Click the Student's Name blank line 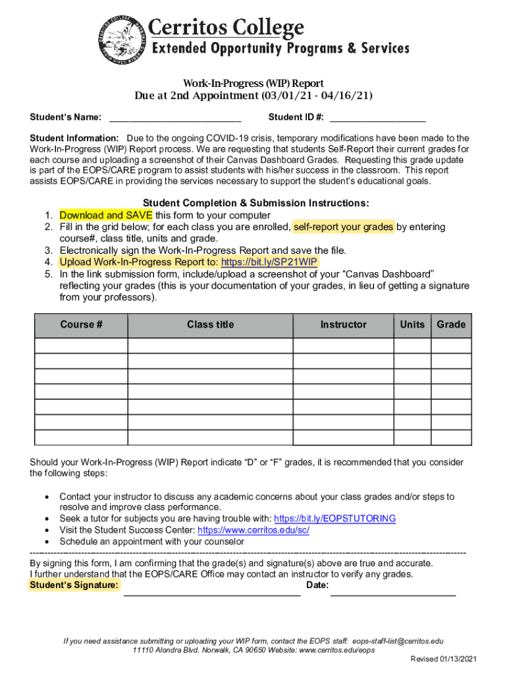pyautogui.click(x=175, y=119)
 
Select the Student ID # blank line pyautogui.click(x=377, y=119)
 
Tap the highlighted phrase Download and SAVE pyautogui.click(x=106, y=216)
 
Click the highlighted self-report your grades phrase pyautogui.click(x=343, y=227)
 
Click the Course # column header pyautogui.click(x=81, y=325)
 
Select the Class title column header pyautogui.click(x=210, y=325)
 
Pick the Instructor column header pyautogui.click(x=343, y=325)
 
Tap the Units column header pyautogui.click(x=412, y=325)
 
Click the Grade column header pyautogui.click(x=451, y=325)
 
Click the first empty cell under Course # pyautogui.click(x=81, y=346)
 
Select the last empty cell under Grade pyautogui.click(x=451, y=438)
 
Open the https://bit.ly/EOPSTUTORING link pyautogui.click(x=334, y=519)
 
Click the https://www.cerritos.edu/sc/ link pyautogui.click(x=254, y=531)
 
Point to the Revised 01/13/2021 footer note pyautogui.click(x=444, y=659)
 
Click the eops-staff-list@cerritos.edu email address pyautogui.click(x=398, y=641)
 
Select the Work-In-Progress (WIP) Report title pyautogui.click(x=254, y=84)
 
